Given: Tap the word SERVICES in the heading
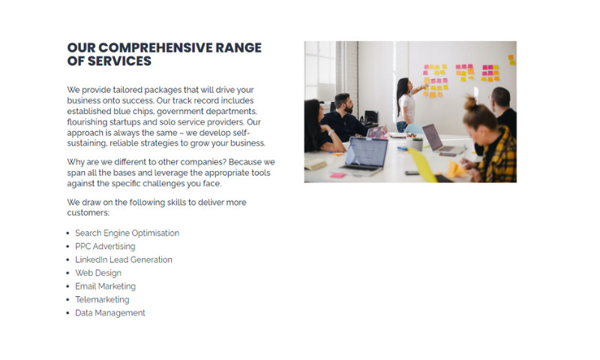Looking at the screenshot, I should click(x=121, y=61).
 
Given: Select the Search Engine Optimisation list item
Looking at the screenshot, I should click(x=127, y=233).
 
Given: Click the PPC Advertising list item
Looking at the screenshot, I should click(x=105, y=246).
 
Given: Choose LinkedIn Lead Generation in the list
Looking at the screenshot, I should click(x=124, y=259).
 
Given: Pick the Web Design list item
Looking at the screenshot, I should click(x=98, y=273).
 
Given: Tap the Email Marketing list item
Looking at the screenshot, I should click(x=105, y=286).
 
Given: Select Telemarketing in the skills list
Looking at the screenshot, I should click(x=102, y=300).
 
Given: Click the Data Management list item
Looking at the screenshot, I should click(x=110, y=313).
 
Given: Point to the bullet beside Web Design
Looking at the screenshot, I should click(x=68, y=273).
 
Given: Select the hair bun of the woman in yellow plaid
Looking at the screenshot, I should click(x=471, y=103).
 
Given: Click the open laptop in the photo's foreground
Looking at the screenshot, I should click(x=364, y=154).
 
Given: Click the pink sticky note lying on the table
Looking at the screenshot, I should click(x=338, y=175).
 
